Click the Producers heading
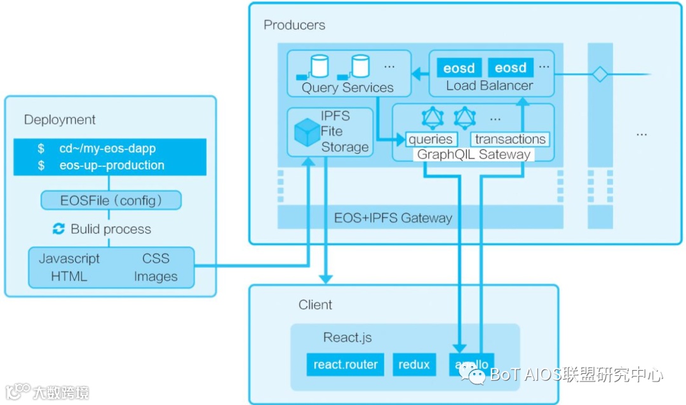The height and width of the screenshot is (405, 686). [294, 25]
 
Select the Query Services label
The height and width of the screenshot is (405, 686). [347, 88]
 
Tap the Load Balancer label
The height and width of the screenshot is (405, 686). [489, 86]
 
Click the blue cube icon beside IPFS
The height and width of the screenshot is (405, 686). [307, 131]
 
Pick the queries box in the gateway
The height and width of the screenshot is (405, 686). [430, 140]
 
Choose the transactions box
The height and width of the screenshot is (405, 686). [510, 140]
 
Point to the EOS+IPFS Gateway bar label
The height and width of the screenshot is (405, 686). [393, 218]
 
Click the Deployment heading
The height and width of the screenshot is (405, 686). [60, 119]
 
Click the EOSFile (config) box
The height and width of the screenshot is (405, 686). [111, 201]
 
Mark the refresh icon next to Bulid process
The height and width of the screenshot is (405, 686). [59, 229]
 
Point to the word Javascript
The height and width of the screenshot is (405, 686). [69, 258]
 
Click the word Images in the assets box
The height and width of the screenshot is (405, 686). [156, 277]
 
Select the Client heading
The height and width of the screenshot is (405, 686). [315, 305]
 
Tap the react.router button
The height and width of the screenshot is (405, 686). [346, 364]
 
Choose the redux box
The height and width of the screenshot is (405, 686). [414, 364]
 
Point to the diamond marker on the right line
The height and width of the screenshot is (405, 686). [600, 74]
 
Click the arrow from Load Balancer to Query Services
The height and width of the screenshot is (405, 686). [419, 74]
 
